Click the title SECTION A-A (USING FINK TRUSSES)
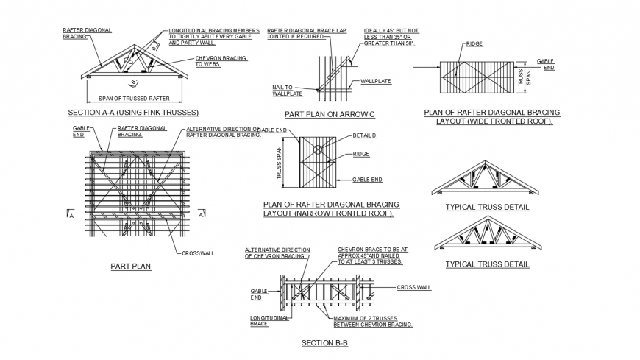133,113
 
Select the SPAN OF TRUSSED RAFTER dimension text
129,99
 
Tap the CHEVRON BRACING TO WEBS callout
221,61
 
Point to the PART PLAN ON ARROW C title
330,115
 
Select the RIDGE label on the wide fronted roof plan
474,44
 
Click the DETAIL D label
364,136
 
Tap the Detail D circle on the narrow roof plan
317,149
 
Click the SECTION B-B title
324,343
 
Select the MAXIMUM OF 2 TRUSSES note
372,321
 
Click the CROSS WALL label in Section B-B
413,287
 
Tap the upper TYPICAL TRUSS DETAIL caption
487,208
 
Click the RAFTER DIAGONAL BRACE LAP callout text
306,34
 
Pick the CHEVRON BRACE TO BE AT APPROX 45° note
372,255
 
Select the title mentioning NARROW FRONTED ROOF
330,209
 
